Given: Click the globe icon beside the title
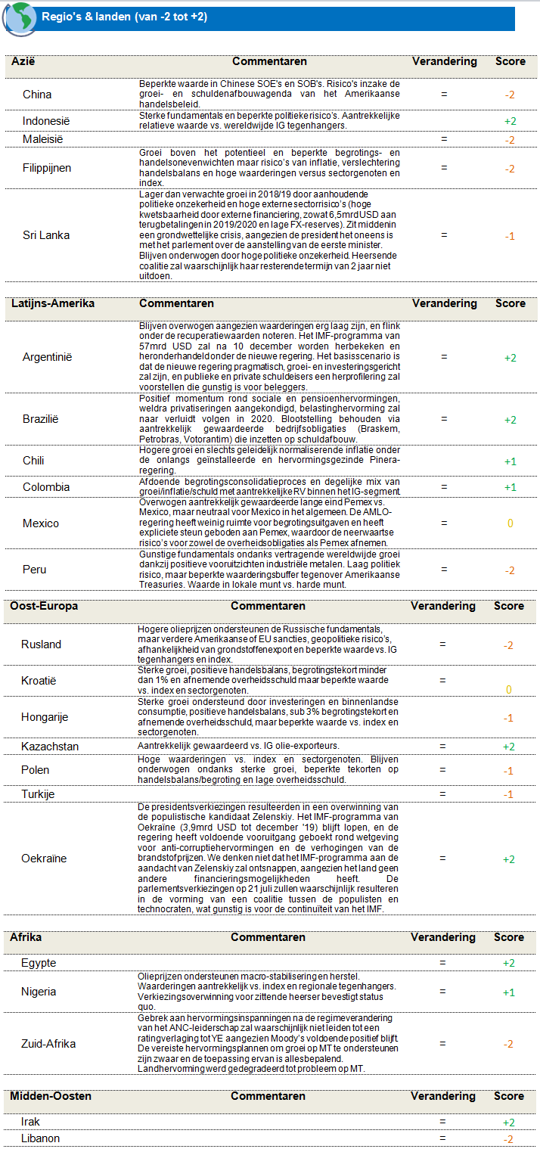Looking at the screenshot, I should tap(18, 18).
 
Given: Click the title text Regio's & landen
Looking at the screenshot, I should tap(125, 17).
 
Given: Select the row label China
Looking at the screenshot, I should tap(37, 95).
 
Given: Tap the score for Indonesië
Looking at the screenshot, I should tap(510, 121).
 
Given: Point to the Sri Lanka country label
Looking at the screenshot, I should tap(46, 235).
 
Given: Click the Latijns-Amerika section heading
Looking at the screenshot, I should tap(52, 303).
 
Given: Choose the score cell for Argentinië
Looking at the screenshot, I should tap(510, 358).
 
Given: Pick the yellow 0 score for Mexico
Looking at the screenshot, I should tap(510, 523).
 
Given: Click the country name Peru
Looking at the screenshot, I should tap(35, 569).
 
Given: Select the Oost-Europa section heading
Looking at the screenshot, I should tap(44, 606).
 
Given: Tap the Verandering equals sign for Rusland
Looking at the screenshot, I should tap(443, 644).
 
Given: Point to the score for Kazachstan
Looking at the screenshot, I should tap(510, 747).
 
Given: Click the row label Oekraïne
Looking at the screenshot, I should tap(44, 859).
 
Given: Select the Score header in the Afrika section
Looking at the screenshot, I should tap(509, 937).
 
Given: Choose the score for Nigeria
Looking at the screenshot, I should tap(510, 992).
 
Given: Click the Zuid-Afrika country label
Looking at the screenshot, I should tap(48, 1044).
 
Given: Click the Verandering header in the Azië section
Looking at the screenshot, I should tap(445, 61).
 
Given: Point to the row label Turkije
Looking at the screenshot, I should tap(39, 794).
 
